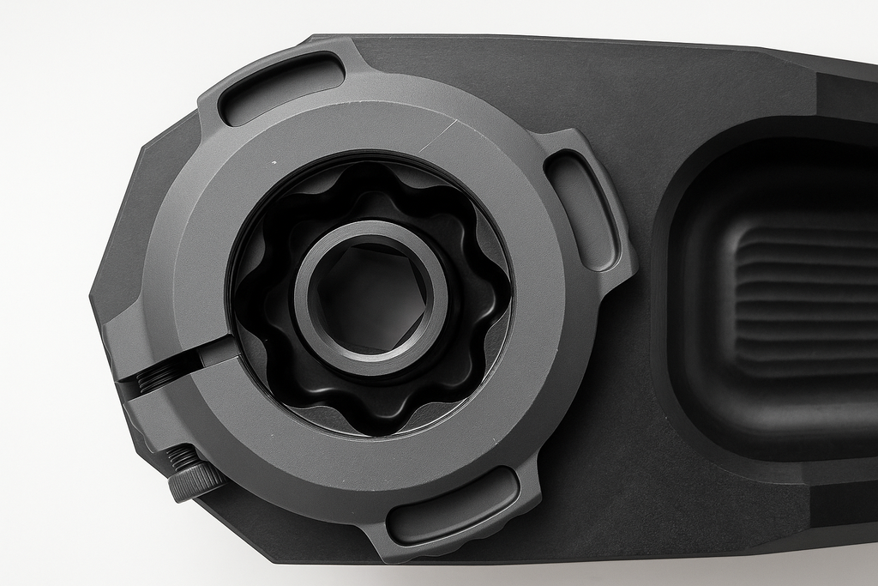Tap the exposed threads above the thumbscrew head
(x=181, y=458)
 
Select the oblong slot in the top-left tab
(x=280, y=88)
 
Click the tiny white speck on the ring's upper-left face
(x=274, y=161)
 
